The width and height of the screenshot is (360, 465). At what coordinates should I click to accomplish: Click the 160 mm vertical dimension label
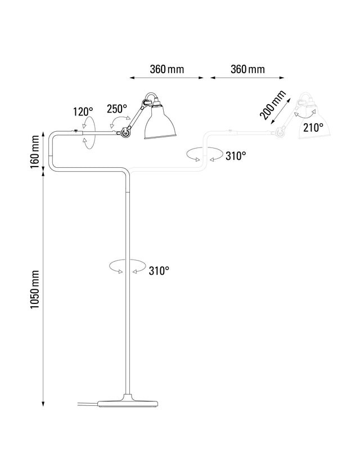35,150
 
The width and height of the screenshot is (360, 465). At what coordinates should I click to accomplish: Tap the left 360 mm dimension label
167,69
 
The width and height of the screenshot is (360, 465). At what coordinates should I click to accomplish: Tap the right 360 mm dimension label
247,69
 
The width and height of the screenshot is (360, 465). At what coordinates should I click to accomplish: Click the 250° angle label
117,109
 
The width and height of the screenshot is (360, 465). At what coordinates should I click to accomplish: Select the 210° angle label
313,127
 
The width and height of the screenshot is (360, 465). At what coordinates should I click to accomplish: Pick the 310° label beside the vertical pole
159,271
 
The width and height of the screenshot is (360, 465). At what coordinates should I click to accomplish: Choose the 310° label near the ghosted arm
236,156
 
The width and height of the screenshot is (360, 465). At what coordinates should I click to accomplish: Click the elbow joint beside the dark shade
124,132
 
